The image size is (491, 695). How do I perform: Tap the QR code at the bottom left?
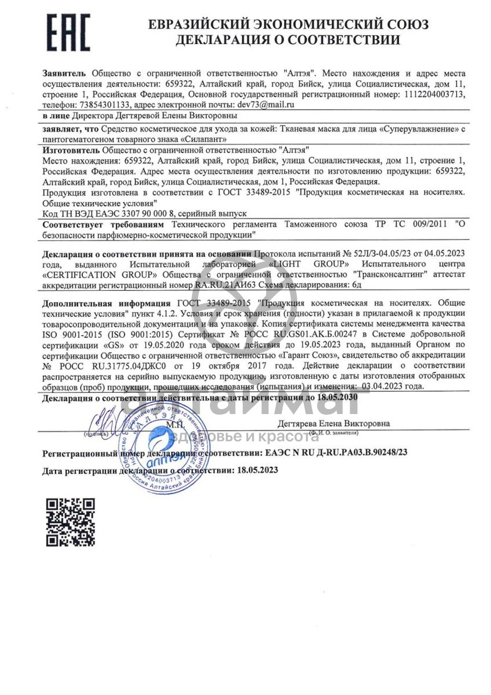[70, 522]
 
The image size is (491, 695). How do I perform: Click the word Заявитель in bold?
[64, 73]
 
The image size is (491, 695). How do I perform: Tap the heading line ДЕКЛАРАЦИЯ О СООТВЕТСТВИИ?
[288, 39]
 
